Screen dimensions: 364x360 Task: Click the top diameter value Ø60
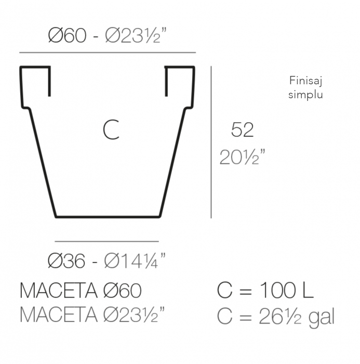(66, 36)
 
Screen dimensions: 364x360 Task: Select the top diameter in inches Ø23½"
(137, 36)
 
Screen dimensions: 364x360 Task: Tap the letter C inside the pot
(111, 130)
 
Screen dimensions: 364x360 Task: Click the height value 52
(242, 130)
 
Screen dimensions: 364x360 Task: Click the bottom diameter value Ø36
(66, 261)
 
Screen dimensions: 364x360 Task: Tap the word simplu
(306, 95)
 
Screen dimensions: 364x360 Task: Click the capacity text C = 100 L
(265, 291)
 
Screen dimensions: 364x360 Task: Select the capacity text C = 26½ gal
(275, 316)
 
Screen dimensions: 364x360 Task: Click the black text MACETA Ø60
(81, 291)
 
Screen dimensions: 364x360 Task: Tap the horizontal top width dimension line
(108, 53)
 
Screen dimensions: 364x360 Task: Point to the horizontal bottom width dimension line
(106, 242)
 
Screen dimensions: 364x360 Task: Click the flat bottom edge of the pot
(107, 216)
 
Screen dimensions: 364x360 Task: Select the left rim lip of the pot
(35, 68)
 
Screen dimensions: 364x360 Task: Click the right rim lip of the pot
(180, 68)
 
